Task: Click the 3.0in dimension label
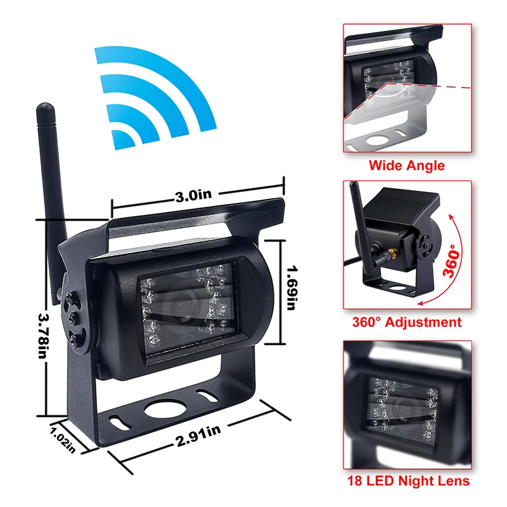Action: pyautogui.click(x=194, y=196)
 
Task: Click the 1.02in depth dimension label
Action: pyautogui.click(x=64, y=438)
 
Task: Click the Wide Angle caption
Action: pyautogui.click(x=407, y=166)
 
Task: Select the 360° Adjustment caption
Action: pyautogui.click(x=407, y=322)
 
